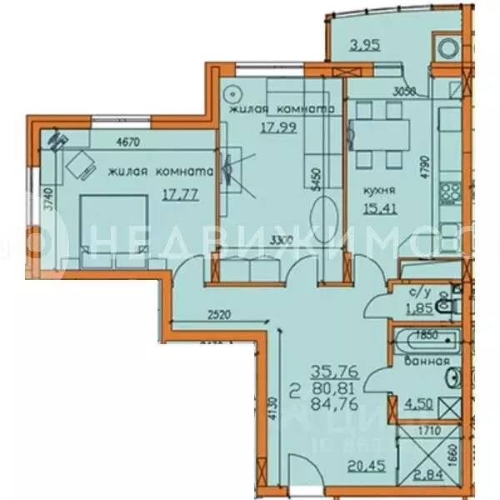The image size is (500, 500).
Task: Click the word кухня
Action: [377, 190]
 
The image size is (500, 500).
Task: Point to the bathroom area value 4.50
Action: [418, 407]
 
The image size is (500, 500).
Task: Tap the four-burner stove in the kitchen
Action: [452, 192]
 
